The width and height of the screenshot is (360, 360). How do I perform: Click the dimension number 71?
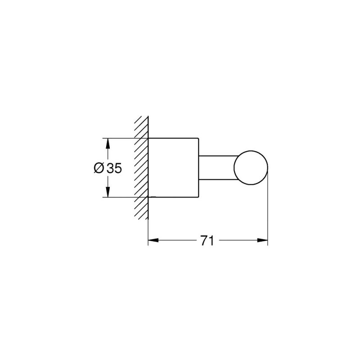[x=207, y=240]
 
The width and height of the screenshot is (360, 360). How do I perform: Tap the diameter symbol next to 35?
[x=99, y=168]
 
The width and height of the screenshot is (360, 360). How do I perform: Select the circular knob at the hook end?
[x=251, y=168]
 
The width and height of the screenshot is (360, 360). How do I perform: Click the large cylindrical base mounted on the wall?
[x=173, y=167]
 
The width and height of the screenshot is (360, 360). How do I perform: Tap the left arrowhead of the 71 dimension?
[x=153, y=240]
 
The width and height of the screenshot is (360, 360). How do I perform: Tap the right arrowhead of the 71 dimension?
[x=262, y=240]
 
